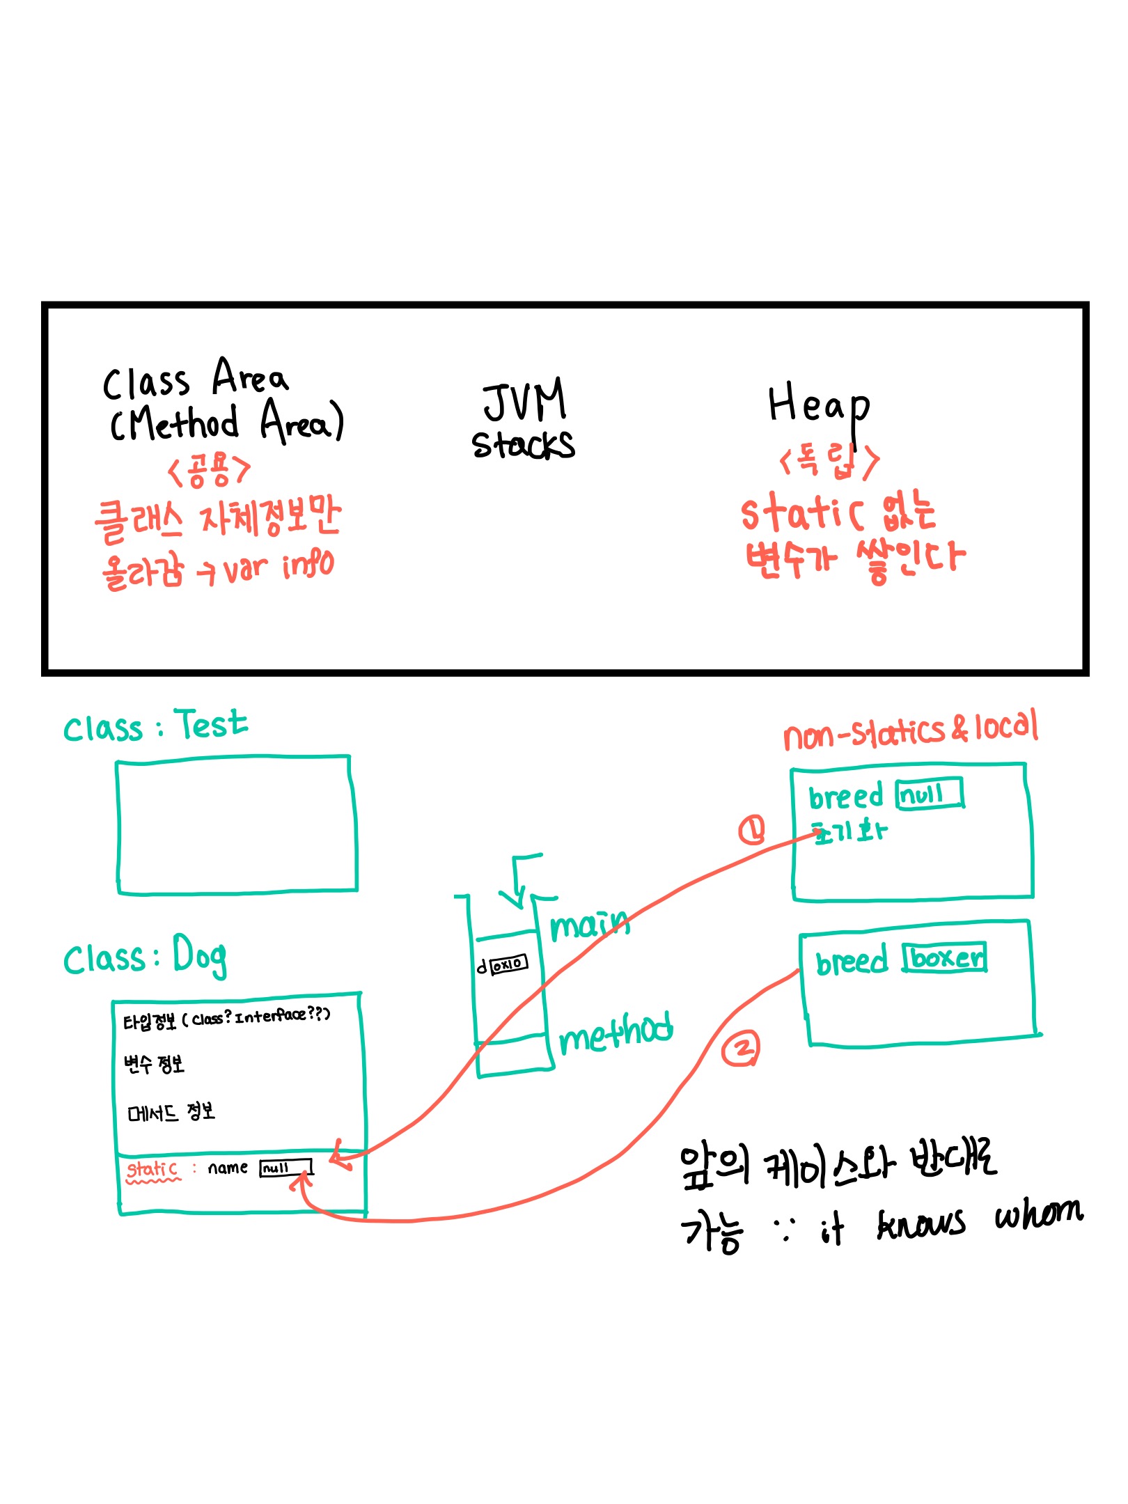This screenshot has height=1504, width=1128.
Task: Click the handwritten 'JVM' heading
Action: (525, 400)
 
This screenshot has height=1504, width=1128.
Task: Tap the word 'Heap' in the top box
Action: (817, 405)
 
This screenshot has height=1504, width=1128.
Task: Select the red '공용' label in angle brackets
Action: (208, 470)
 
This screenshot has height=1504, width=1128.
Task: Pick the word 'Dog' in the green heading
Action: (200, 956)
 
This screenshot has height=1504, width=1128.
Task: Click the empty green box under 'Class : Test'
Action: (237, 825)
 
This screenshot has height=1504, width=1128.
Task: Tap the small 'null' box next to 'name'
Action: (285, 1168)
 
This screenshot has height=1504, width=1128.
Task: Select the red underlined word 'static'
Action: (152, 1169)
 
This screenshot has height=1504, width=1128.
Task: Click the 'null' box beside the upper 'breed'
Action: (930, 793)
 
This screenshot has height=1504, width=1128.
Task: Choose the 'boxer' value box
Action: (946, 958)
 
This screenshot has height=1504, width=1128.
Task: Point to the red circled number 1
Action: (751, 829)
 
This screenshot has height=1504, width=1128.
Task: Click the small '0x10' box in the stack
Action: (509, 964)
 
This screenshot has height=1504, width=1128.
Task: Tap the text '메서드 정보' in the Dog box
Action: (171, 1112)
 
